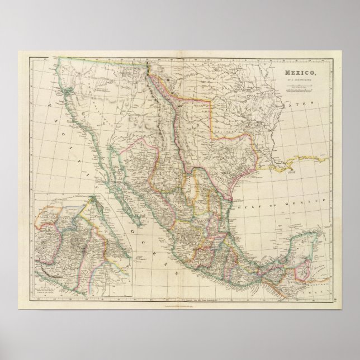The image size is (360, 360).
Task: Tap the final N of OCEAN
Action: [x=175, y=272]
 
